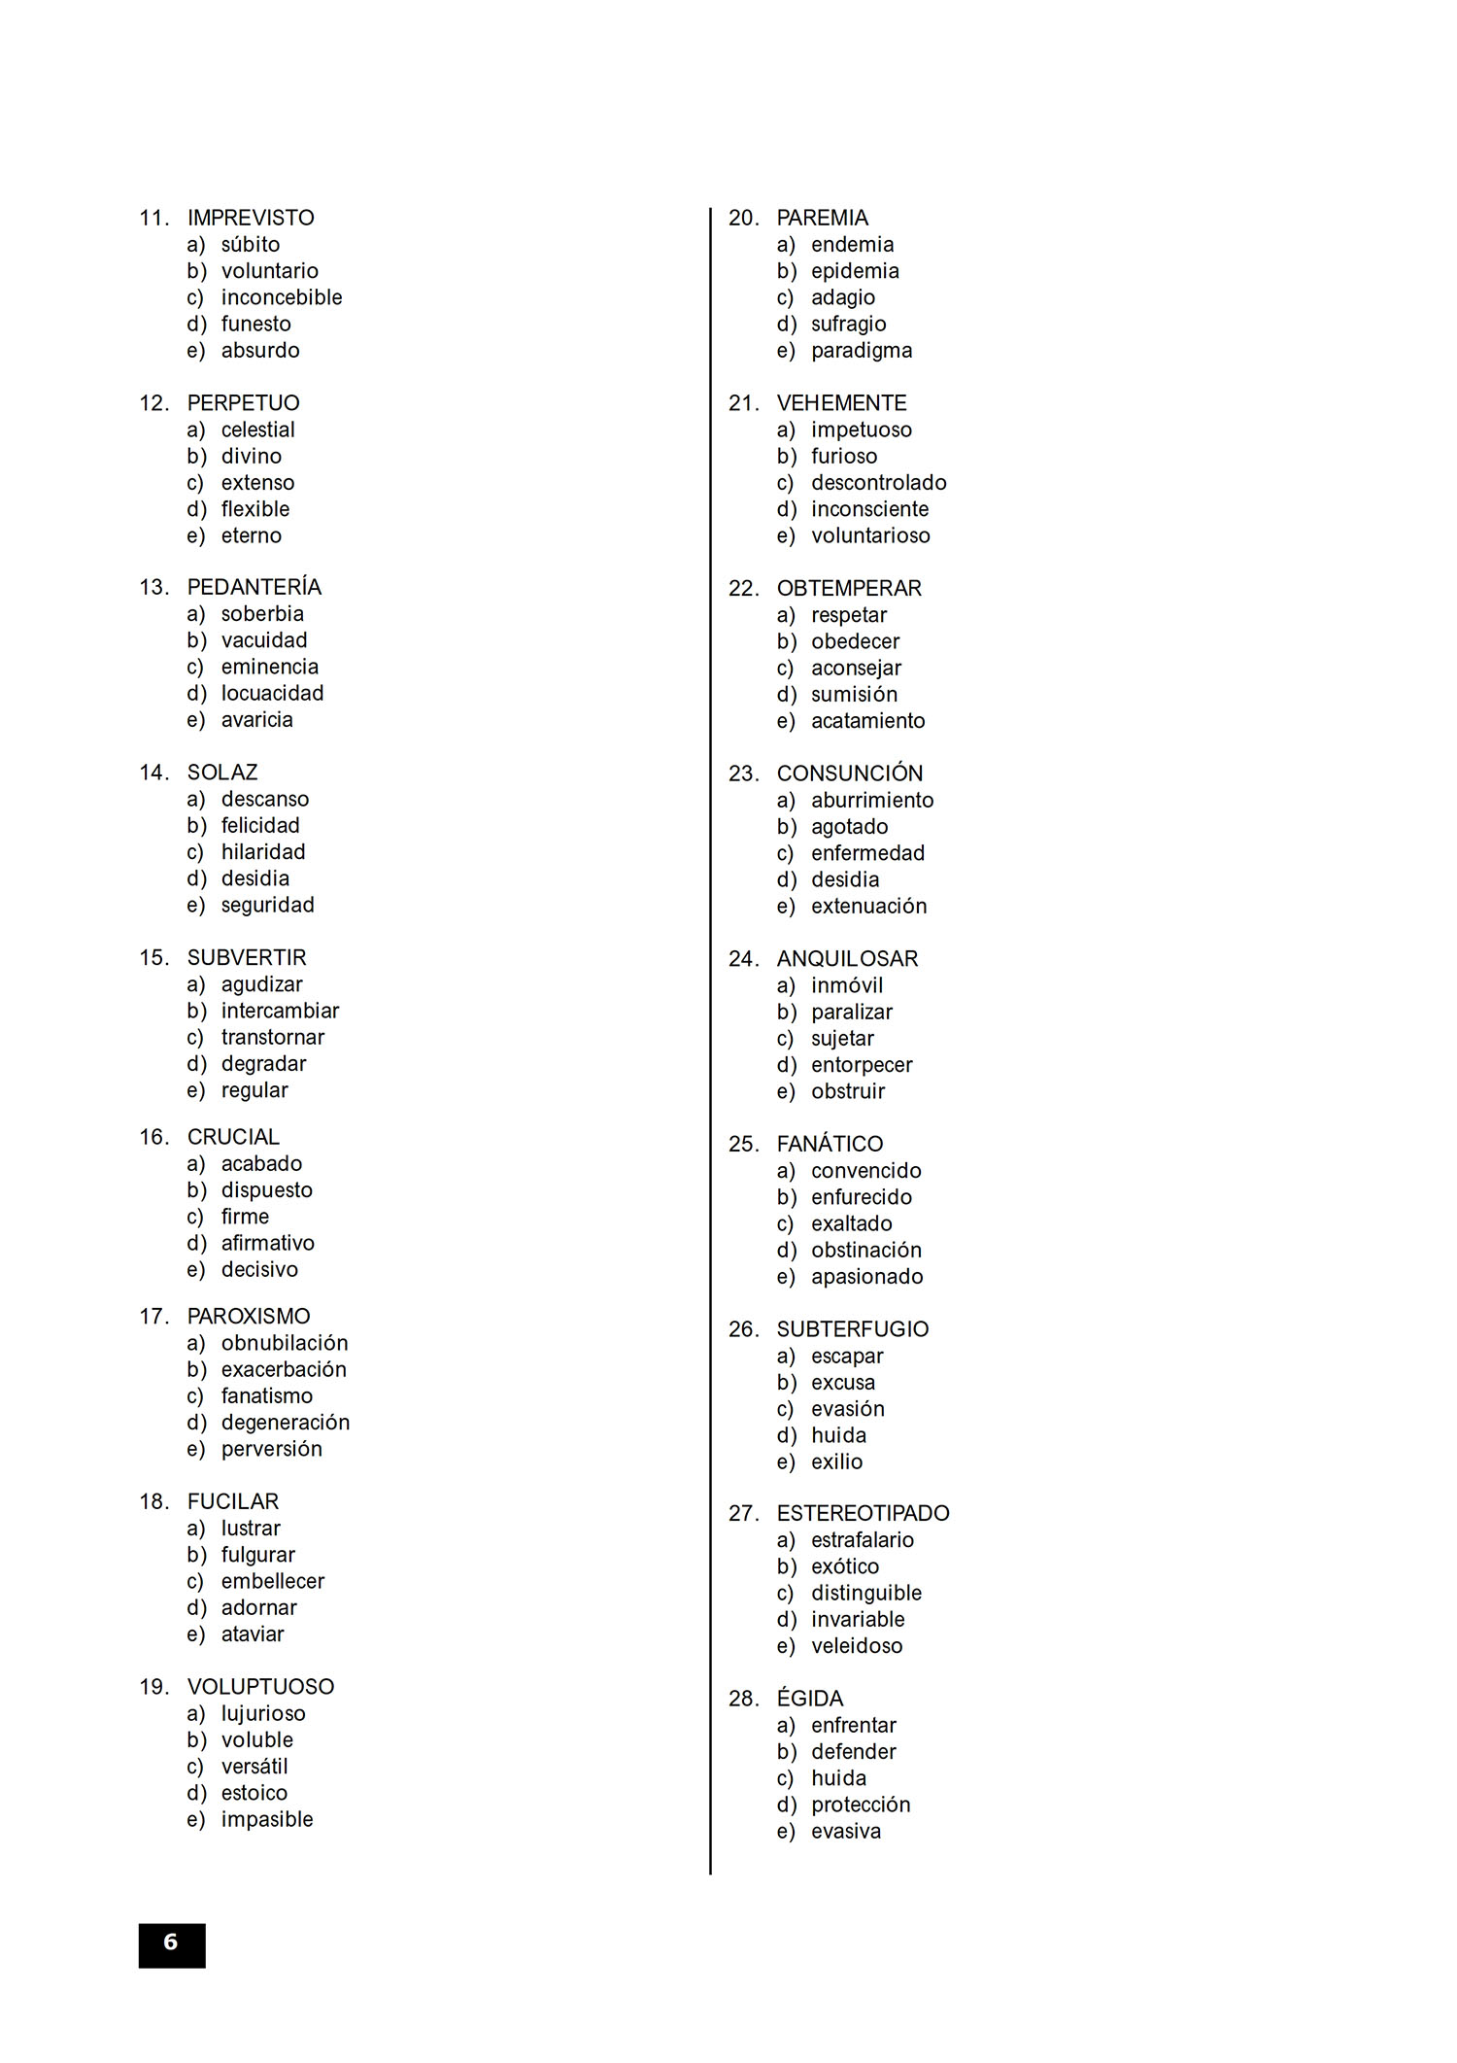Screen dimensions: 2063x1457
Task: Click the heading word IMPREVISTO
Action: coord(251,218)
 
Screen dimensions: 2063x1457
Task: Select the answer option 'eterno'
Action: coord(251,535)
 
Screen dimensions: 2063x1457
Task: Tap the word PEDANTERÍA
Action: coord(254,587)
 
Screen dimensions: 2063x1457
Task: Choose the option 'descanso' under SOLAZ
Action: coord(264,799)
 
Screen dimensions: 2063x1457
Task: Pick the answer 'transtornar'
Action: coord(272,1037)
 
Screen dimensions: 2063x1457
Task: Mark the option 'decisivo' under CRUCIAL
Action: coord(259,1269)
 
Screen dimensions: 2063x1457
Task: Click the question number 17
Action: coord(153,1317)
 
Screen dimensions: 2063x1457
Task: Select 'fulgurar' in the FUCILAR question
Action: coord(257,1555)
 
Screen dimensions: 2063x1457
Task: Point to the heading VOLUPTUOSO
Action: coord(260,1687)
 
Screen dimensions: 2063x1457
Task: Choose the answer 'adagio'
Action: coord(842,297)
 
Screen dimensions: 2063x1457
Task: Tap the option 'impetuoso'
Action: coord(861,430)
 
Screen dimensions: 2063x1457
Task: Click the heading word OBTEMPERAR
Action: coord(848,588)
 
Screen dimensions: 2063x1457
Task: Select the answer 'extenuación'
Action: coord(868,906)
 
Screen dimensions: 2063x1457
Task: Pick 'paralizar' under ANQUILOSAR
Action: coord(851,1012)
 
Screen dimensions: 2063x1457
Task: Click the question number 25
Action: coord(743,1145)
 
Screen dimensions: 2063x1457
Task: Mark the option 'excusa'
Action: coord(842,1382)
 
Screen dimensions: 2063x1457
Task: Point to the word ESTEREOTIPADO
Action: coord(863,1513)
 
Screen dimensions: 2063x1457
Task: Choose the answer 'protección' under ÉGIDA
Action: coord(861,1805)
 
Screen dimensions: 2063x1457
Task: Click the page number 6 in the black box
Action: coord(171,1943)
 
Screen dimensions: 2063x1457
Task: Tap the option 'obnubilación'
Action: coord(284,1343)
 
